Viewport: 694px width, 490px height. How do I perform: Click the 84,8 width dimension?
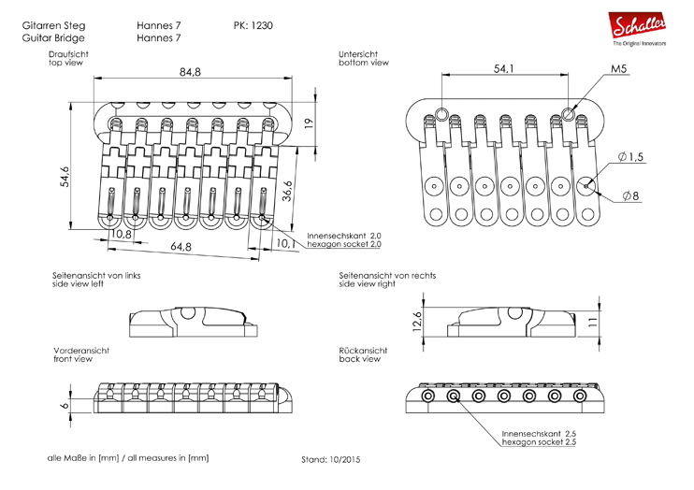(x=191, y=72)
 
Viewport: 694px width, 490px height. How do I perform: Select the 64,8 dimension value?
(x=181, y=247)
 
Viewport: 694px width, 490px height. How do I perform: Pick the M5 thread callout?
(x=620, y=69)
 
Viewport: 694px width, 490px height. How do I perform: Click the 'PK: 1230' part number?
(x=253, y=25)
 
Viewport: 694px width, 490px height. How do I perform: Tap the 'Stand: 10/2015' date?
(x=330, y=460)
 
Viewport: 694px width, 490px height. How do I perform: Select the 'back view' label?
(x=360, y=359)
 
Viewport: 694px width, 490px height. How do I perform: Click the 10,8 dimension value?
(x=121, y=235)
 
